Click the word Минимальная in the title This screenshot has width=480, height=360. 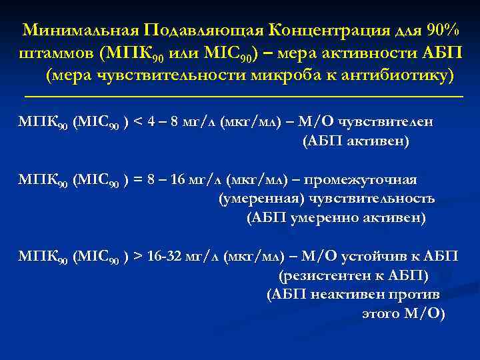(x=79, y=31)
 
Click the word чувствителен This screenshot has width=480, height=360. (x=385, y=122)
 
